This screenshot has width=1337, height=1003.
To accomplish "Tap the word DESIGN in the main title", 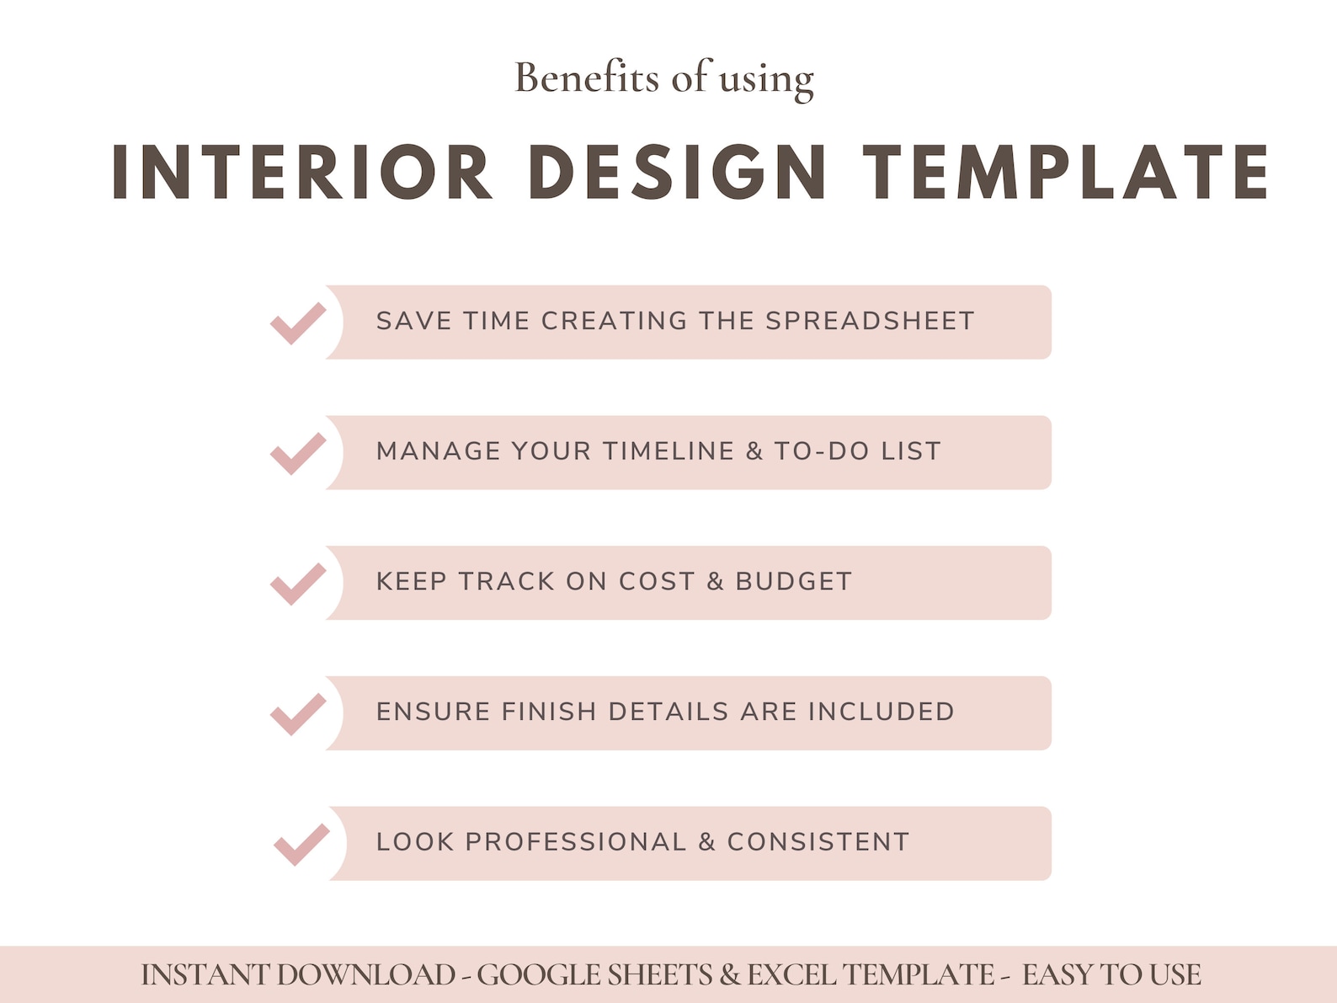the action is click(x=678, y=172).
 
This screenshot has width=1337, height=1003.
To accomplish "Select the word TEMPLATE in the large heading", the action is click(x=1066, y=172).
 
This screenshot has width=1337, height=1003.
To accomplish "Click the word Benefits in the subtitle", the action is click(x=587, y=78).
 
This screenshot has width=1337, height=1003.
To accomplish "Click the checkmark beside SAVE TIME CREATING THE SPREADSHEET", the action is click(x=298, y=323).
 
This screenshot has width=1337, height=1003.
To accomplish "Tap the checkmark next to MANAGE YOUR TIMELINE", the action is click(x=298, y=454).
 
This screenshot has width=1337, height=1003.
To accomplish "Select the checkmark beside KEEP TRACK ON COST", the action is click(x=298, y=584).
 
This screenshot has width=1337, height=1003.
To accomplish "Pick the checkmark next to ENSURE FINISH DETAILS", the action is click(x=298, y=714).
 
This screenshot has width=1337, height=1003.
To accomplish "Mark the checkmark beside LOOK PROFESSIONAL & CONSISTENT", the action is click(x=302, y=845).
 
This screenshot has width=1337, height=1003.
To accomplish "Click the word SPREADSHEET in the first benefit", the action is click(x=870, y=321).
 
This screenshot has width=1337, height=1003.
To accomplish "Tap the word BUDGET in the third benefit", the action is click(x=793, y=582).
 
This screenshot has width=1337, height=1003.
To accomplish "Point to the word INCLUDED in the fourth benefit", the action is click(x=882, y=712).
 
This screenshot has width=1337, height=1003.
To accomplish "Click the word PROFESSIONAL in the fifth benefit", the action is click(x=576, y=842).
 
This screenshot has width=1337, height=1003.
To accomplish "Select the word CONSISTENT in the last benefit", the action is click(x=818, y=842).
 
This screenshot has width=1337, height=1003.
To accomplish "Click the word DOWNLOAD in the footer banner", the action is click(x=366, y=975).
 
